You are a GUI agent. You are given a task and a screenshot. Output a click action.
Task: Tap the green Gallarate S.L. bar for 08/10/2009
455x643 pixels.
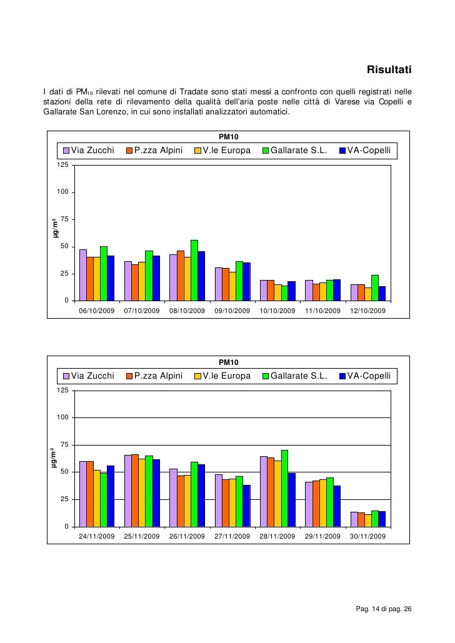pyautogui.click(x=194, y=270)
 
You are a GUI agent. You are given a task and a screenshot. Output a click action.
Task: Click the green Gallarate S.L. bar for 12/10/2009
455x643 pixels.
pyautogui.click(x=374, y=287)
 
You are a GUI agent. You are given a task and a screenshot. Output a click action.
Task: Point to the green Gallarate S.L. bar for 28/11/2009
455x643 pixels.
pyautogui.click(x=284, y=488)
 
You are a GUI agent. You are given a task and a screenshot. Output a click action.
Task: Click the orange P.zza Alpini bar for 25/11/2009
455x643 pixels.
pyautogui.click(x=135, y=490)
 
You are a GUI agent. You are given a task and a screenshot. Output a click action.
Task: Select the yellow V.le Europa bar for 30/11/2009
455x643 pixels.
pyautogui.click(x=367, y=520)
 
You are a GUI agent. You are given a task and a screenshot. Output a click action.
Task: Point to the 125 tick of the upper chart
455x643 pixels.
pyautogui.click(x=62, y=165)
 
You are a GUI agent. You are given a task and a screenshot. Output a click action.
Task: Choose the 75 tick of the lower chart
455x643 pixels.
pyautogui.click(x=64, y=444)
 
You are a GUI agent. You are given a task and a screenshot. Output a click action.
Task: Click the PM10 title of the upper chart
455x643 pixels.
pyautogui.click(x=228, y=137)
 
